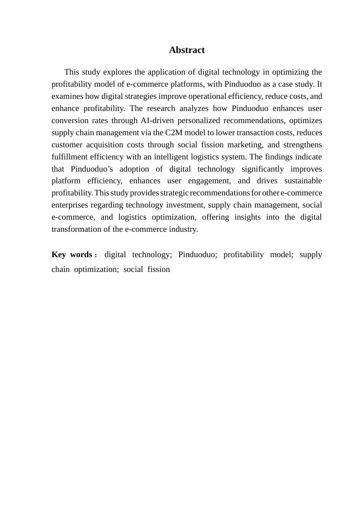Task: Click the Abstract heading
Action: click(x=186, y=50)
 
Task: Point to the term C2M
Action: click(x=174, y=133)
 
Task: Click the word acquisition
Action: click(x=107, y=145)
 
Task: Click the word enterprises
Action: click(x=70, y=205)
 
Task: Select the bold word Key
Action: click(x=59, y=254)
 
